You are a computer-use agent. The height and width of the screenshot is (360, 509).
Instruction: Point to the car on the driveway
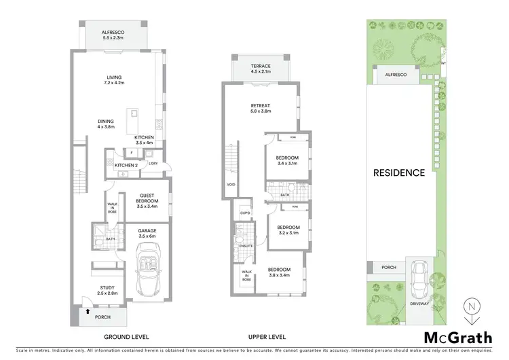tap(420, 276)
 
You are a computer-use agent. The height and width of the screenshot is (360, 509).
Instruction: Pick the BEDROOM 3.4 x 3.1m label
tap(287, 160)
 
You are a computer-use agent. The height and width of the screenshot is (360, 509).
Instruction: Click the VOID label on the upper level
tap(231, 184)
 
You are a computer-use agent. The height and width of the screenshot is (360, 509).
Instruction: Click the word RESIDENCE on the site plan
tap(399, 173)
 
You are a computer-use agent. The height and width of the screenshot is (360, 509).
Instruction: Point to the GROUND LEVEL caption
tap(126, 337)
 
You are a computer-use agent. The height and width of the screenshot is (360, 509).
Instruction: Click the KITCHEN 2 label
tap(126, 166)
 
